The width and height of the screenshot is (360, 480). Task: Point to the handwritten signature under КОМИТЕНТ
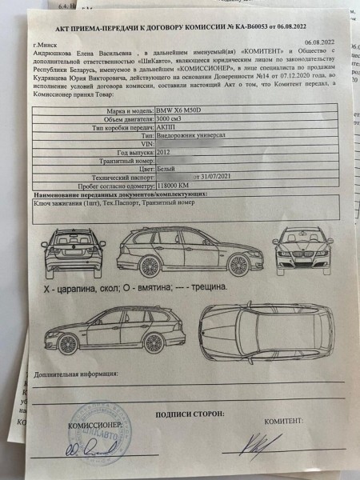pyautogui.click(x=258, y=442)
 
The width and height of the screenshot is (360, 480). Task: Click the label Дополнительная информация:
pyautogui.click(x=76, y=373)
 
